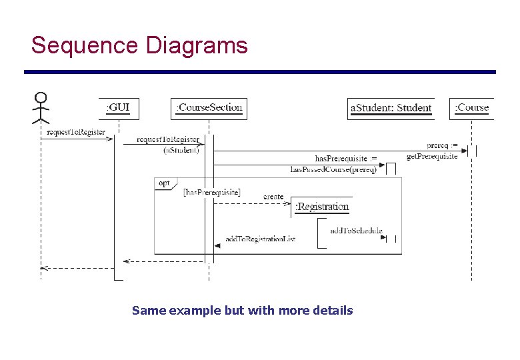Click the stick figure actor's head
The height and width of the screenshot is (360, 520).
point(41,98)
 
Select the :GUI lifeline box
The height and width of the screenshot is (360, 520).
point(118,107)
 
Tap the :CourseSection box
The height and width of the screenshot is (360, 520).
point(209,107)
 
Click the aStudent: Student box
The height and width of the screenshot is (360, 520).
point(391,108)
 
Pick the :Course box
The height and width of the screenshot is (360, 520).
point(472,107)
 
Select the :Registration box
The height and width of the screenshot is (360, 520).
point(322,207)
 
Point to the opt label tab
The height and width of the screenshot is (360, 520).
point(163,183)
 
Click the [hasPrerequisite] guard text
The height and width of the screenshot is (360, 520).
point(211,192)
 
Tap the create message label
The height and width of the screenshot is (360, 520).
point(273,197)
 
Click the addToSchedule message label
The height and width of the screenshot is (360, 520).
point(356,231)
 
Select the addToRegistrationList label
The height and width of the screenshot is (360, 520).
point(260,238)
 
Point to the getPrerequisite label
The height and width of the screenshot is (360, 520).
point(432,156)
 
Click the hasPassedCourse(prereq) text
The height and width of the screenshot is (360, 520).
point(333,169)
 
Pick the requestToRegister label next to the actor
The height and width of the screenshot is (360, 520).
point(76,132)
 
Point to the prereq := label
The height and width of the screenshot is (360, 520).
point(442,145)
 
